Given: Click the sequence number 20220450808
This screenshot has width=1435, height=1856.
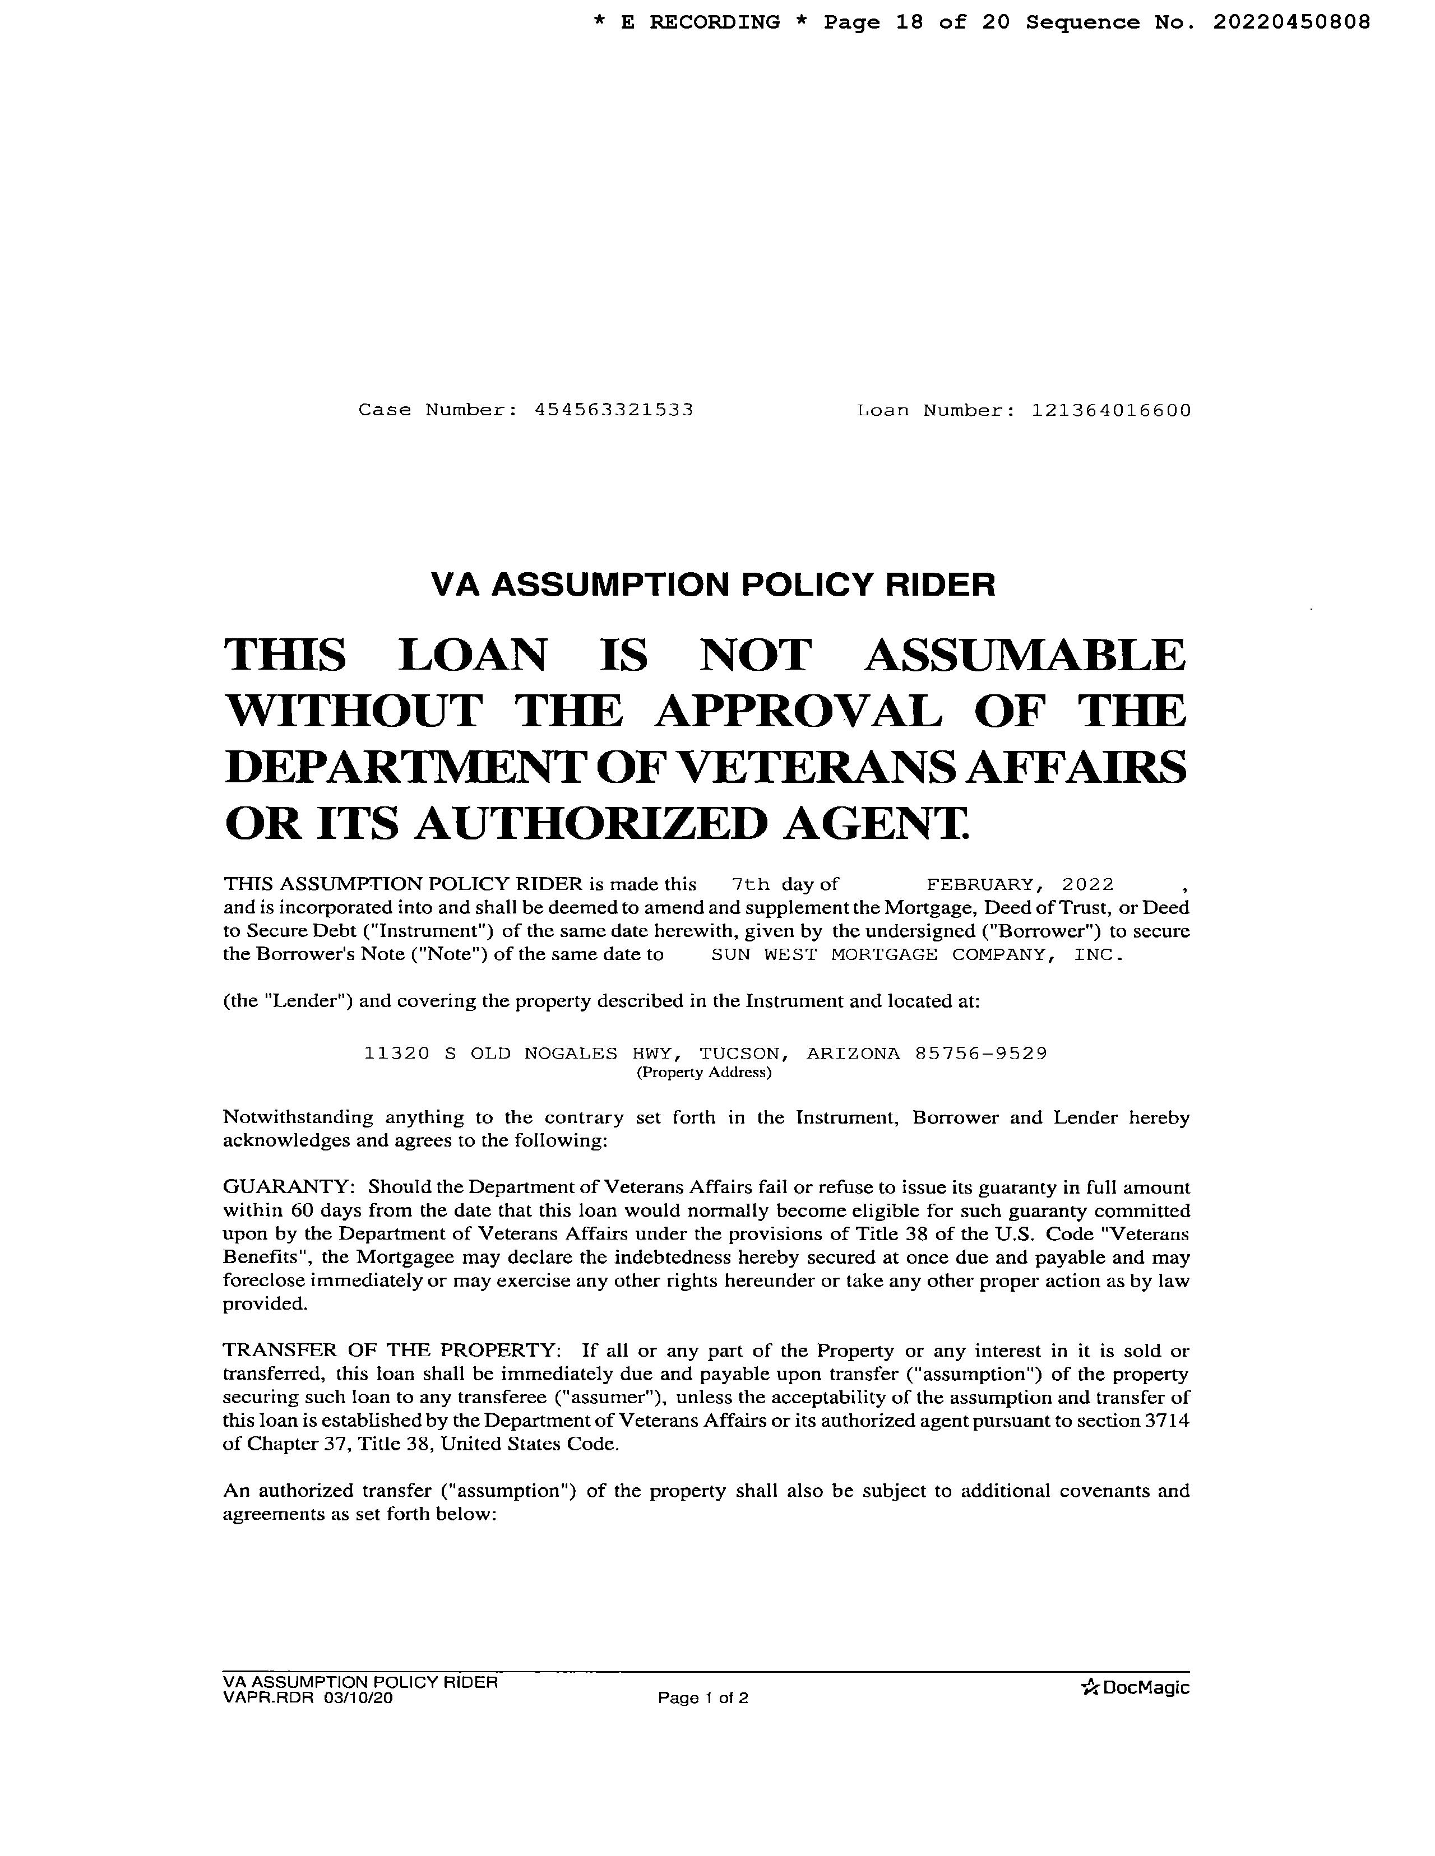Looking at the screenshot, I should (1290, 22).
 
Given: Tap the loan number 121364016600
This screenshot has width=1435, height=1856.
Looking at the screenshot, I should (1111, 410).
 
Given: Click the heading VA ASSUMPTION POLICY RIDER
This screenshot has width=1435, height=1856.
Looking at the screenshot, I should (712, 584).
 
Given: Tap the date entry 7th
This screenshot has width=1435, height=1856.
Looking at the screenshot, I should (750, 885).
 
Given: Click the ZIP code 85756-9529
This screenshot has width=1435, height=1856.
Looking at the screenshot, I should (981, 1054).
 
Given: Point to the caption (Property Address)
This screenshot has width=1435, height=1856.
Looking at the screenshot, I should (704, 1073).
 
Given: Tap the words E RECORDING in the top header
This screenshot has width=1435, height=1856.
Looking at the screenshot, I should (700, 22).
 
